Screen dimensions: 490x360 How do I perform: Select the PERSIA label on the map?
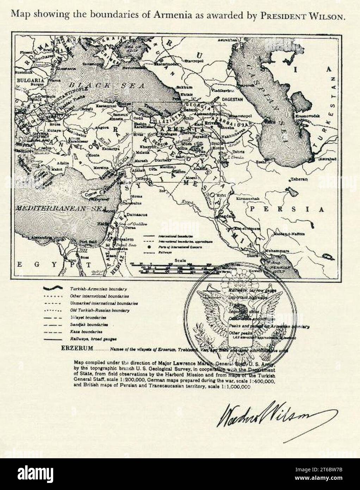pyautogui.click(x=287, y=209)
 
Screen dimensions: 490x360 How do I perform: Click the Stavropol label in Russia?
pyautogui.click(x=190, y=61)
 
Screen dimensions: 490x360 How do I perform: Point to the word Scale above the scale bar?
pyautogui.click(x=180, y=260)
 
